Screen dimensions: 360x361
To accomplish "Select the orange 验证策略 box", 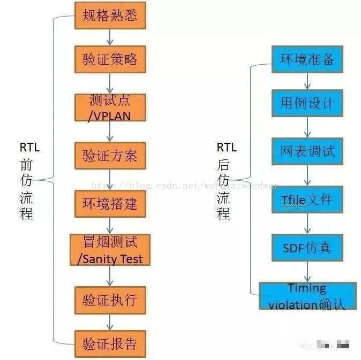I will point(110,59).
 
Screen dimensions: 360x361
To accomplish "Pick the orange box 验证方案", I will point(110,156).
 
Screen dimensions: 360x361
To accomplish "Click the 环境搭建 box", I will point(110,203).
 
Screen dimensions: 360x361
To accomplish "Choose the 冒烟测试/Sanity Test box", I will point(110,249).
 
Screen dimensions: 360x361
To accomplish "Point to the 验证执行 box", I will point(110,297).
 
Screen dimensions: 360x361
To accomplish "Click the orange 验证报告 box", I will point(110,343).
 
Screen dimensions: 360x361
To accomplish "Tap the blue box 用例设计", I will point(307,103).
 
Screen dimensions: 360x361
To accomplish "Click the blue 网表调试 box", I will point(307,151).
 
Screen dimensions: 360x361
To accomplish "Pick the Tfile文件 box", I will point(307,200).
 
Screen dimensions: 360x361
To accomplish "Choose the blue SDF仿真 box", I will point(307,247).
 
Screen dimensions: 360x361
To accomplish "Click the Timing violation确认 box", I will point(307,296).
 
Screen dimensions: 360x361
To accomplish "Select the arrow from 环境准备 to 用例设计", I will point(307,81).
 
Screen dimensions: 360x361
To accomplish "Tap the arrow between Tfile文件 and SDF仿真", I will point(307,223).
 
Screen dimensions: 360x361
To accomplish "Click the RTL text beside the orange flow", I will point(29,147).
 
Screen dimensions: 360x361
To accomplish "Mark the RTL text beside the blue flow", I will point(227,147).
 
